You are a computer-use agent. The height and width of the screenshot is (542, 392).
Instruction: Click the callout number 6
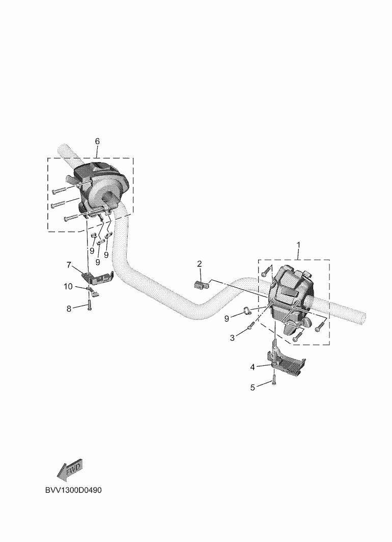click(97, 141)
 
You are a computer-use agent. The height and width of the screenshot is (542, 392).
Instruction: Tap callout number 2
click(200, 263)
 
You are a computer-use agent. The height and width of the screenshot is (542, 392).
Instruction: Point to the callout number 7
click(68, 265)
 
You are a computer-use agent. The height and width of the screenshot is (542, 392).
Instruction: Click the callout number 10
click(68, 287)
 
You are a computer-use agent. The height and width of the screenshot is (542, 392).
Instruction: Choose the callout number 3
click(232, 337)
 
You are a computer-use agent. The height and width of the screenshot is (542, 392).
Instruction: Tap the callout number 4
click(253, 366)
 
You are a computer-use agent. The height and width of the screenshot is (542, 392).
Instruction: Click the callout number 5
click(253, 388)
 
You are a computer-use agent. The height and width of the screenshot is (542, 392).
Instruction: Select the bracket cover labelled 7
click(96, 278)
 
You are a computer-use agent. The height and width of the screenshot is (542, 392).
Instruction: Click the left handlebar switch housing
click(99, 188)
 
